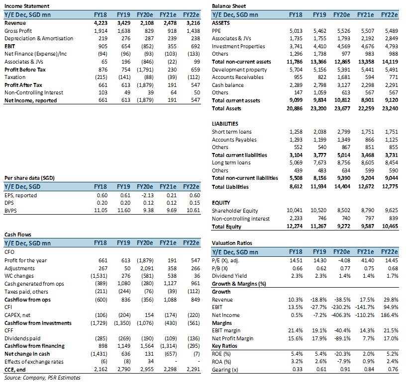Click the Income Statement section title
point(27,6)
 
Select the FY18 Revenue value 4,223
point(101,23)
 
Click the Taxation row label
point(15,77)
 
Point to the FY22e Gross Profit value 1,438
point(193,31)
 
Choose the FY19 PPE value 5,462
point(320,31)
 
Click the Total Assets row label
point(226,108)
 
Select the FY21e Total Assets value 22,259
point(366,108)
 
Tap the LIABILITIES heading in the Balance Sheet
point(225,124)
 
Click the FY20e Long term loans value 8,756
point(344,162)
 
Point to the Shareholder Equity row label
point(235,211)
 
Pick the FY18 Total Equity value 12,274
point(295,226)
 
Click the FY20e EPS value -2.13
point(148,195)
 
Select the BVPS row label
point(10,211)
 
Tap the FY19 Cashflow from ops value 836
point(126,300)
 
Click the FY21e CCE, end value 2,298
point(170,369)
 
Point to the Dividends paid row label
point(22,338)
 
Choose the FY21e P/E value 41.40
point(368,260)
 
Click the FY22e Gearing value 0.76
point(393,369)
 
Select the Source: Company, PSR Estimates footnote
point(42,378)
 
